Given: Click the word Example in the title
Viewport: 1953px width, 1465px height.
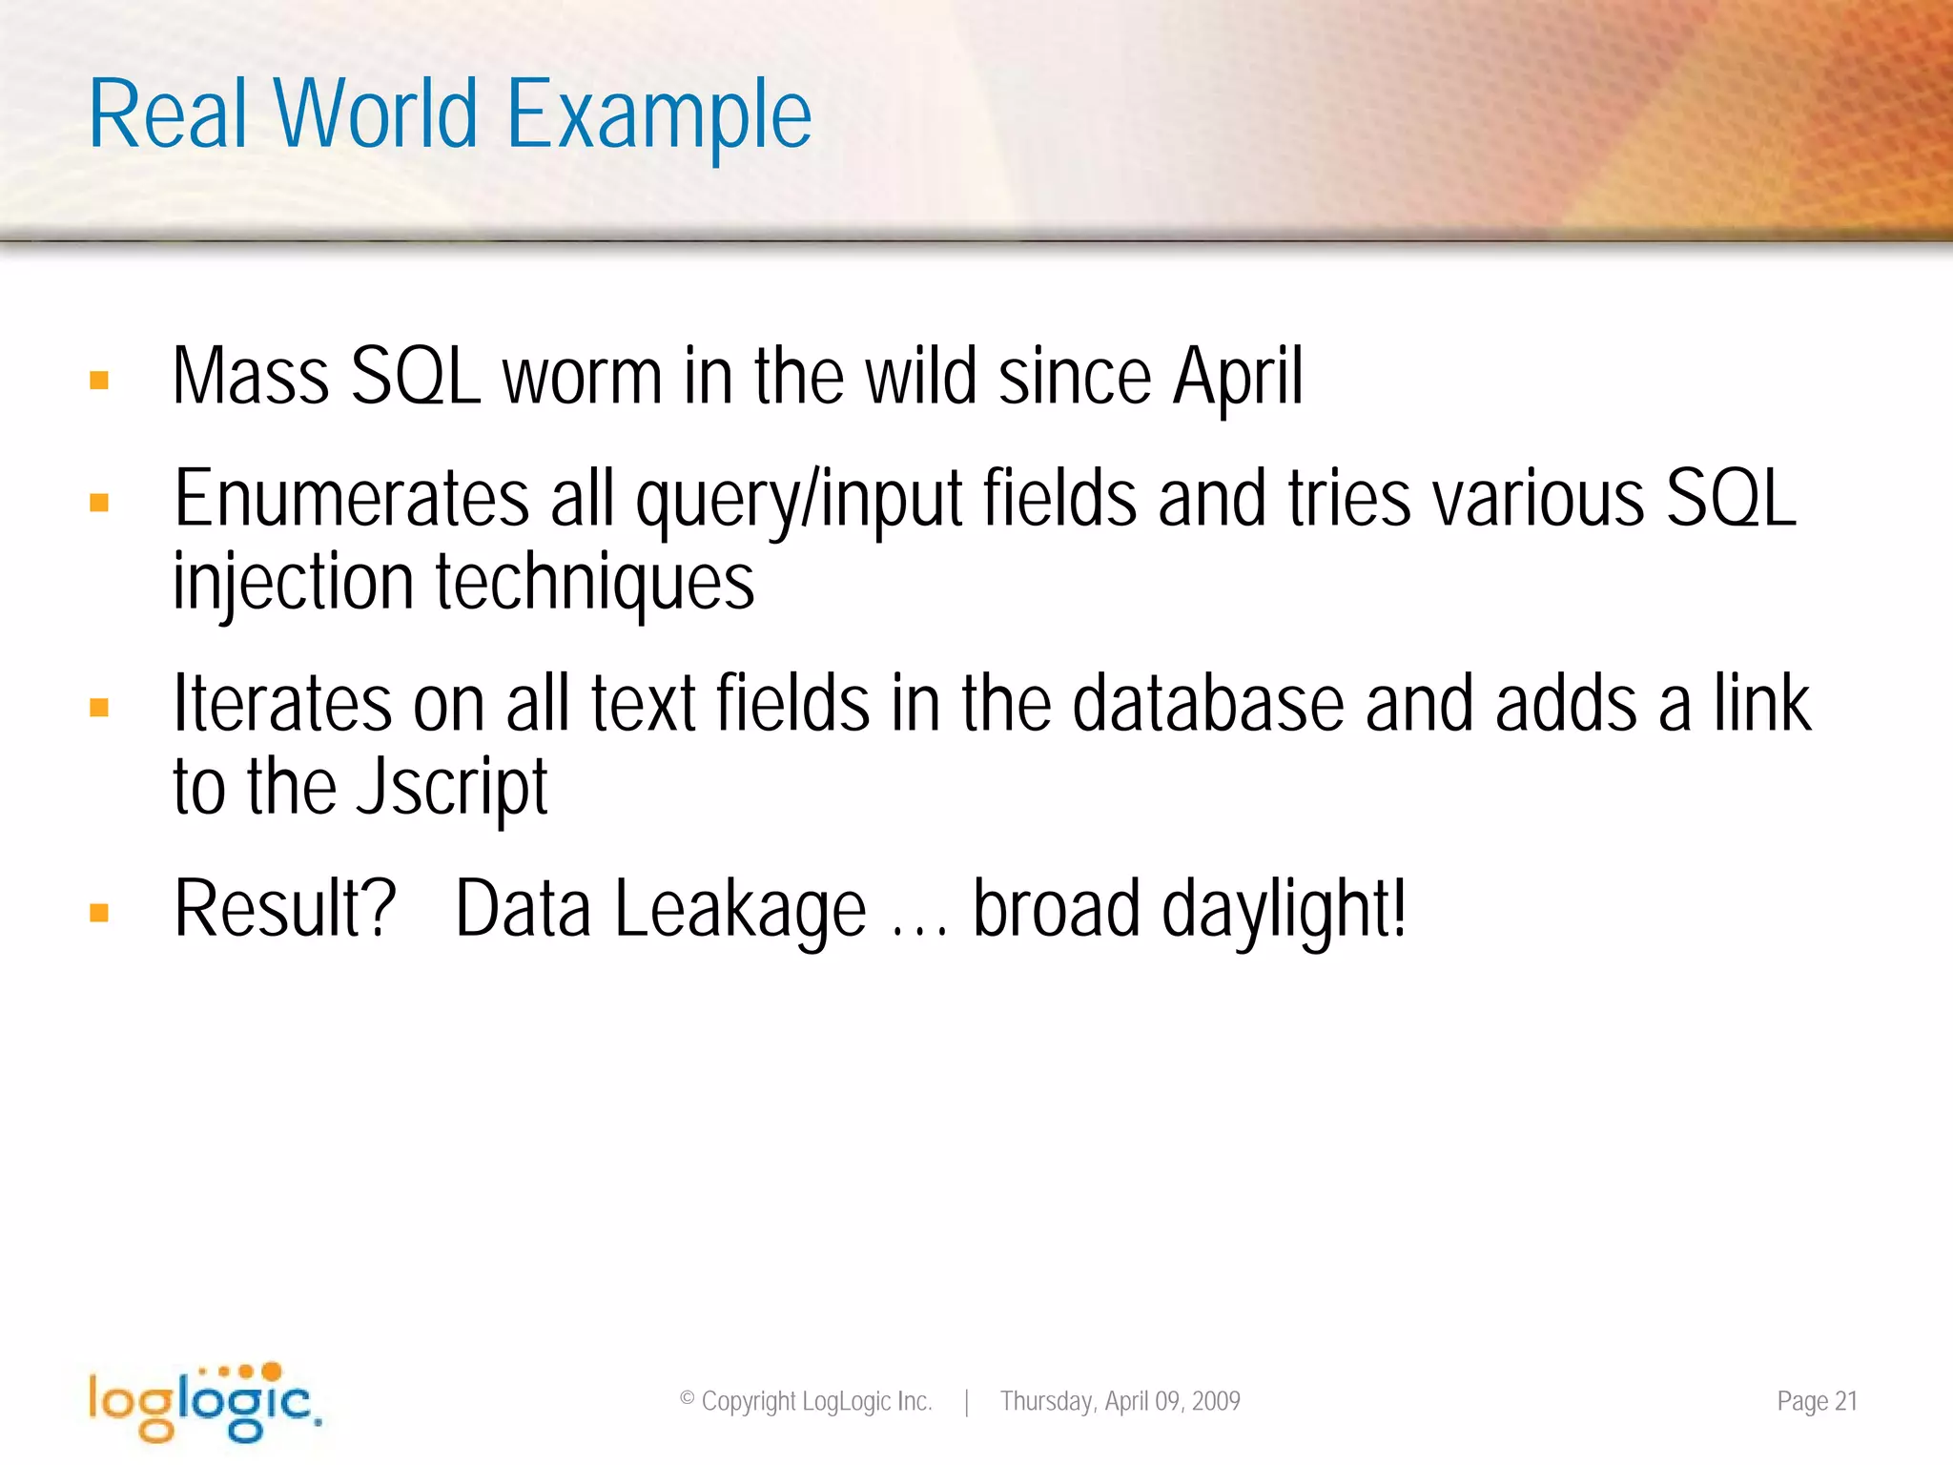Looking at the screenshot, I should click(658, 116).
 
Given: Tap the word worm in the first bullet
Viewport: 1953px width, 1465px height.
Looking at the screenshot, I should click(582, 377).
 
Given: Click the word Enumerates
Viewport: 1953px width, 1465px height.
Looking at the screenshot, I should click(351, 499).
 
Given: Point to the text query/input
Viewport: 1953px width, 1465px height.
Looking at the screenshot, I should click(799, 501).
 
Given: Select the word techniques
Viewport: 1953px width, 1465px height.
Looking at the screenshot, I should click(595, 583).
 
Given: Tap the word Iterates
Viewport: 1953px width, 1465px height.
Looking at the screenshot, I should click(282, 704).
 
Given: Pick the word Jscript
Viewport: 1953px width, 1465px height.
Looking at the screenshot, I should click(451, 788).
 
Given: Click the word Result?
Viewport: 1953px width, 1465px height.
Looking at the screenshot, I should click(284, 909).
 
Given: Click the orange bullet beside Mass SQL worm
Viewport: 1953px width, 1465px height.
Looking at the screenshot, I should click(99, 381).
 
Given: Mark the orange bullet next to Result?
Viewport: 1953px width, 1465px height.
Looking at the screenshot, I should click(99, 913).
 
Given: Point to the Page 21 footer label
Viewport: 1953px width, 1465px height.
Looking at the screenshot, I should click(1817, 1401).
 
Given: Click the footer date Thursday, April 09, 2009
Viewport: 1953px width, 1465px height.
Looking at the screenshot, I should click(1120, 1401).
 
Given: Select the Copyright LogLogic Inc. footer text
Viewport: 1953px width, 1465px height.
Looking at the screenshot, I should click(806, 1401).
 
